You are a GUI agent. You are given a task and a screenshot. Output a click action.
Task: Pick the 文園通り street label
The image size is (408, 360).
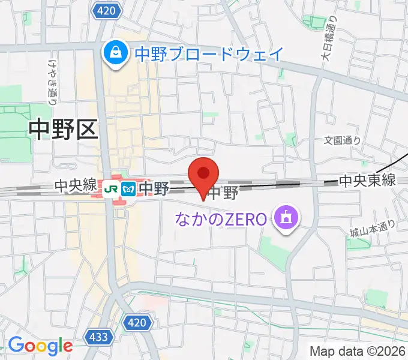343,140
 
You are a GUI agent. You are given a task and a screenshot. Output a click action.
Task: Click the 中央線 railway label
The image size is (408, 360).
75,187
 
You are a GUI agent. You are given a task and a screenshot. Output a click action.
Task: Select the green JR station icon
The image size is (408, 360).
110,189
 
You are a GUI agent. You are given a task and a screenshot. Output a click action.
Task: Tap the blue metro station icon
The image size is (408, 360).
127,189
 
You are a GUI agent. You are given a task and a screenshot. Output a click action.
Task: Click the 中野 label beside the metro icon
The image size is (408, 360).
153,188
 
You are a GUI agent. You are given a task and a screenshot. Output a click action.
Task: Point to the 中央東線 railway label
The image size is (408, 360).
367,179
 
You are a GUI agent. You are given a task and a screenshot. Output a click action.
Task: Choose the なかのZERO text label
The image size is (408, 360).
220,219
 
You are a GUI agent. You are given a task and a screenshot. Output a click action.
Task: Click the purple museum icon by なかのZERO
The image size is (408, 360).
286,218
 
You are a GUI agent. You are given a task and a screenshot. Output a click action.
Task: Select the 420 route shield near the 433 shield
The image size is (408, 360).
137,323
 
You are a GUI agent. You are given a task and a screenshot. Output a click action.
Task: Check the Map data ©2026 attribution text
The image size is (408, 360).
357,350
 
